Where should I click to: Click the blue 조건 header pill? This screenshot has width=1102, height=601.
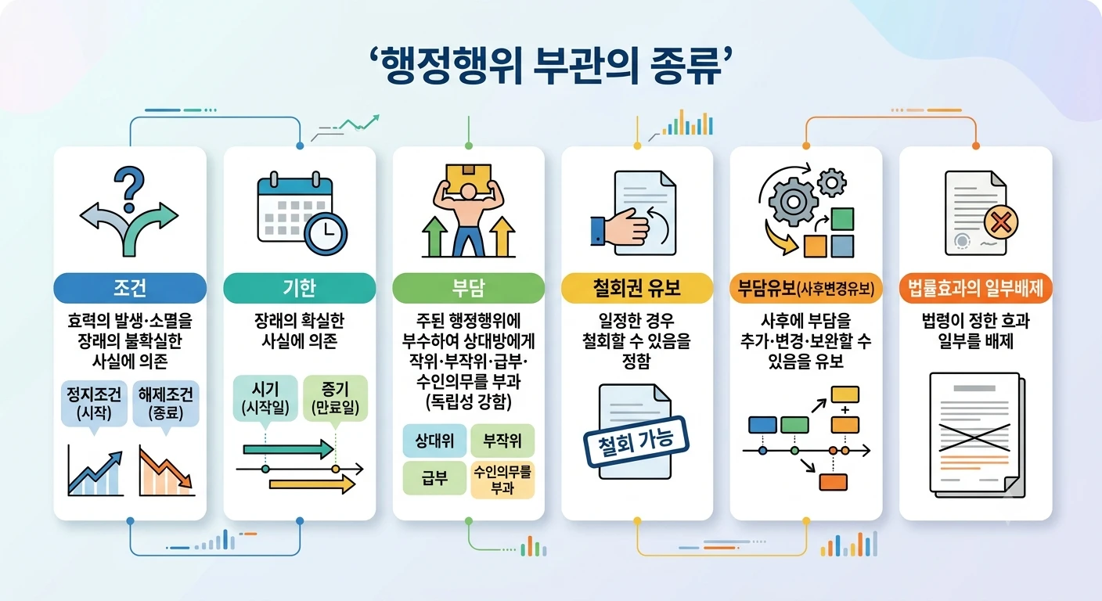pyautogui.click(x=130, y=288)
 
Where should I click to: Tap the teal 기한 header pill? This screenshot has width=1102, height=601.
pyautogui.click(x=300, y=288)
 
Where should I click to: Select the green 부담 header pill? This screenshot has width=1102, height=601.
pyautogui.click(x=468, y=288)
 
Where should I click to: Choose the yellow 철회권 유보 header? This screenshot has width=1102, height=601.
pyautogui.click(x=637, y=288)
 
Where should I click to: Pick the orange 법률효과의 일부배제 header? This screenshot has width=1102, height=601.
pyautogui.click(x=975, y=288)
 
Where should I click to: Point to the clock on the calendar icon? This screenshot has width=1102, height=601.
pyautogui.click(x=326, y=233)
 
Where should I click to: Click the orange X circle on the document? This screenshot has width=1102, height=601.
pyautogui.click(x=1001, y=223)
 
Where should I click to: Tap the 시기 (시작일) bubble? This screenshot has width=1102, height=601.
pyautogui.click(x=265, y=398)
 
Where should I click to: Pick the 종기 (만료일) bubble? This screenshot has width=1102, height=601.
pyautogui.click(x=336, y=398)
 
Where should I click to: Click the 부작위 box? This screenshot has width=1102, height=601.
pyautogui.click(x=502, y=441)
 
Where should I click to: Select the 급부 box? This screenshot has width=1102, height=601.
pyautogui.click(x=434, y=478)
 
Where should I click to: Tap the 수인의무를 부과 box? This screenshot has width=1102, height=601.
pyautogui.click(x=502, y=480)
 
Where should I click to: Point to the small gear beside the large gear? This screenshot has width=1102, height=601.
pyautogui.click(x=832, y=183)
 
